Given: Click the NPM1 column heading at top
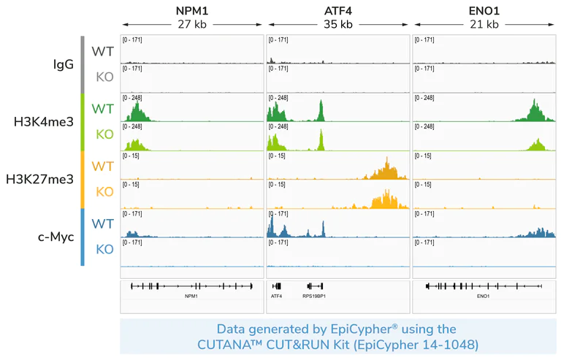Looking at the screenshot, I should coord(191,10).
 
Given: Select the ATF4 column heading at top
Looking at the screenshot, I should coord(337,10).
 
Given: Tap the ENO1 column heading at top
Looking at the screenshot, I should coord(484,10).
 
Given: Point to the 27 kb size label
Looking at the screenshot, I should coord(191,24).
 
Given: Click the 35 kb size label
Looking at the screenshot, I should coord(337,24).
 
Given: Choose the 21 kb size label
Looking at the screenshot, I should coord(484,24).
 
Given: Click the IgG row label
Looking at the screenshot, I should coord(64,64).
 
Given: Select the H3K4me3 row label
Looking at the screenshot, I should coord(44,122).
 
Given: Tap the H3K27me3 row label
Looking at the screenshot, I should coord(39,179).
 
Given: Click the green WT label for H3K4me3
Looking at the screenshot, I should coord(102,109).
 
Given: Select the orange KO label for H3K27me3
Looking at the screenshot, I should coord(104,192).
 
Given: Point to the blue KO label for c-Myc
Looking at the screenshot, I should coord(104,249).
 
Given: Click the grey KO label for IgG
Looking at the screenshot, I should coord(104,77).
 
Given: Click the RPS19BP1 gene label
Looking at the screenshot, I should coord(314,296).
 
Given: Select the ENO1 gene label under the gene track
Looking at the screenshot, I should coord(483,296).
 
